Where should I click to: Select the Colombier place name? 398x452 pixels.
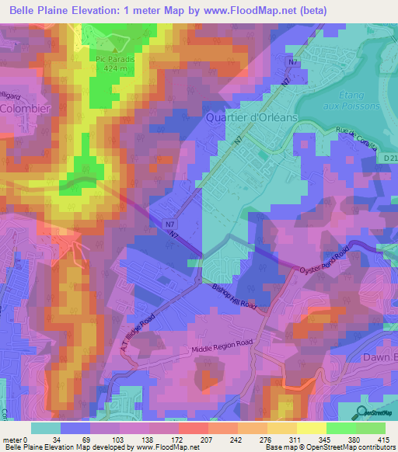click(x=25, y=109)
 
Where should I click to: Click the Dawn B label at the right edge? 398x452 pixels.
click(x=379, y=357)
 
